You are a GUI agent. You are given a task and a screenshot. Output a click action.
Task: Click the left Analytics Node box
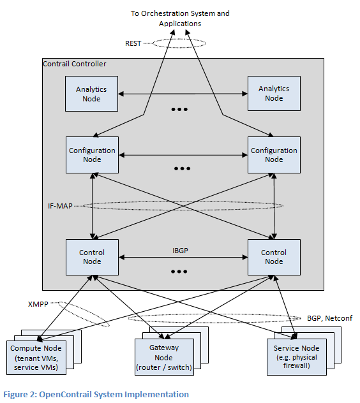coord(92,94)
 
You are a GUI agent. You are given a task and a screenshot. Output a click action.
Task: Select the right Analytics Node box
coord(274,94)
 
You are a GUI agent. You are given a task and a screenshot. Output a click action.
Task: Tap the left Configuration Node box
coord(92,155)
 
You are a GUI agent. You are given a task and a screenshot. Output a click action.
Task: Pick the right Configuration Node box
coord(274,155)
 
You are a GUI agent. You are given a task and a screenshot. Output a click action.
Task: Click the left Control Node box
coord(92,257)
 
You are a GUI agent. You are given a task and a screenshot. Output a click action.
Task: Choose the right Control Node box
coord(274,257)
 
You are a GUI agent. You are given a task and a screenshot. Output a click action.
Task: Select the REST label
coord(133,43)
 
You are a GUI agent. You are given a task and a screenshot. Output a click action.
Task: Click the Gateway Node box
coord(164,358)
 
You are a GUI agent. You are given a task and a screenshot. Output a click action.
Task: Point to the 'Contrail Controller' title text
coord(74,64)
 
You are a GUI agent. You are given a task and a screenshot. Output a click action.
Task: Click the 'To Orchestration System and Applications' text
coord(179,18)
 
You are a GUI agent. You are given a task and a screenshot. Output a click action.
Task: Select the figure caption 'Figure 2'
coord(96,394)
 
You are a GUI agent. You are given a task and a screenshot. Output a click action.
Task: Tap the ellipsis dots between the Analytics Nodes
coord(179,109)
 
